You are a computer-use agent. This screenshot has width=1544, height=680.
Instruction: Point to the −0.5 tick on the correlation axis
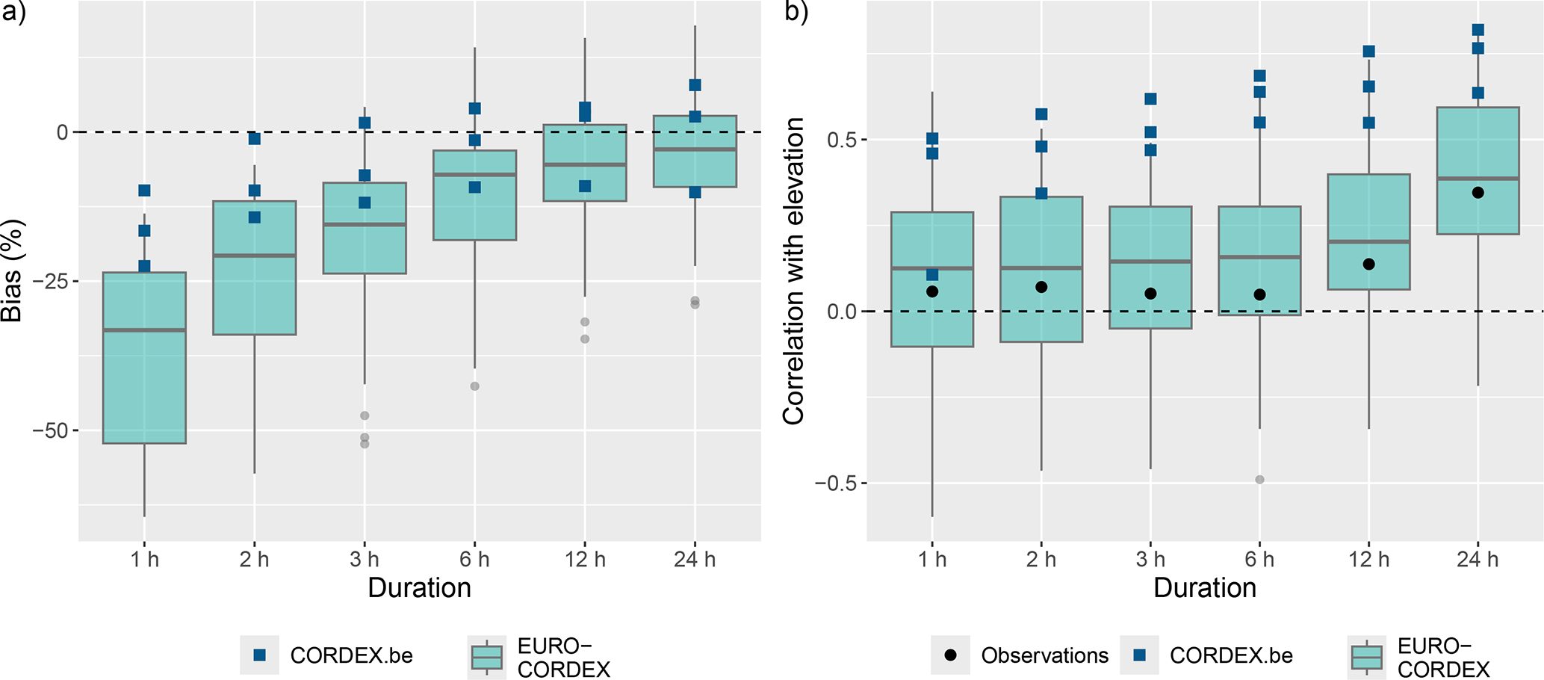836,483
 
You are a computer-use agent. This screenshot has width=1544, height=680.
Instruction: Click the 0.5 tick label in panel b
843,140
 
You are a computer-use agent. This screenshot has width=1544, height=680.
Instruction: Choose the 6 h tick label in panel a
474,559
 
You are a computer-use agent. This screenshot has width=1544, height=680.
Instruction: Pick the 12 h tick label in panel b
1368,559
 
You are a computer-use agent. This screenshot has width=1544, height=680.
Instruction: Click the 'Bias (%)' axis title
13,271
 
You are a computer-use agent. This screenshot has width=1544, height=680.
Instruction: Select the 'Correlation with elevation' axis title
793,271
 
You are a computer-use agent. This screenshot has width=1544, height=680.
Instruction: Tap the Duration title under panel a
419,588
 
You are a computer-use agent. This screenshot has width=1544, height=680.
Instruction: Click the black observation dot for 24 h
1478,193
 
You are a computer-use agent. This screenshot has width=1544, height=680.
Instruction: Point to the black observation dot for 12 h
1368,265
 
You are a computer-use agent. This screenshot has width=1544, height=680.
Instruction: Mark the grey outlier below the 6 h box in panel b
1259,480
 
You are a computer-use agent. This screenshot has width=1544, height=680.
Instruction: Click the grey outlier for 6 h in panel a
474,386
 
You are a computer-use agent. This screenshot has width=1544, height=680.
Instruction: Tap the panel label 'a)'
13,13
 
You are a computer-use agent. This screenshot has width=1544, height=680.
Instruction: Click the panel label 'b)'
796,13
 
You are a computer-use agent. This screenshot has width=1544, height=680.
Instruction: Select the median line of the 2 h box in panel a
255,256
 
